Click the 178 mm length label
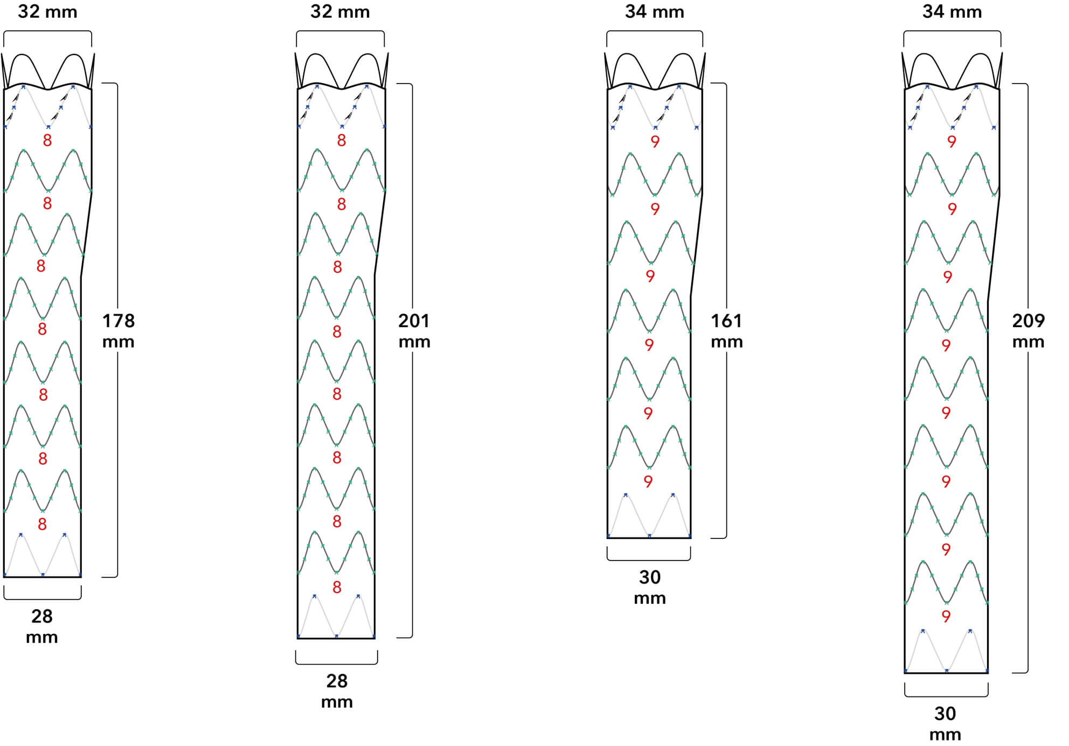[118, 331]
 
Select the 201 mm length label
[414, 331]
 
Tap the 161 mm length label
[727, 331]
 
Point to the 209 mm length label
[1028, 331]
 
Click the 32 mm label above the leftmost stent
[47, 12]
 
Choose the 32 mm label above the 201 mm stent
[340, 12]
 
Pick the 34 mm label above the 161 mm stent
[655, 12]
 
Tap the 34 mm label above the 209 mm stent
[952, 12]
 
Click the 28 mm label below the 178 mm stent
[42, 626]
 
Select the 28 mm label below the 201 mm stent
[337, 691]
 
